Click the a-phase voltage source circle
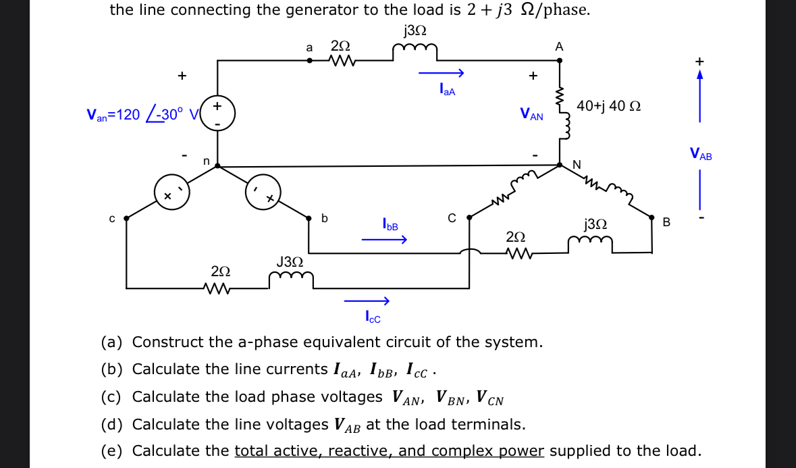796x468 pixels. pyautogui.click(x=217, y=115)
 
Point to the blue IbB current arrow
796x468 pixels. pyautogui.click(x=384, y=239)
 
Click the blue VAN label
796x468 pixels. pyautogui.click(x=531, y=115)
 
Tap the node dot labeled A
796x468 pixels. pyautogui.click(x=560, y=61)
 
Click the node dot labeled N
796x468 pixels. pyautogui.click(x=560, y=164)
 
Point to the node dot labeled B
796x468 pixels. pyautogui.click(x=652, y=217)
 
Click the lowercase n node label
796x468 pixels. pyautogui.click(x=207, y=161)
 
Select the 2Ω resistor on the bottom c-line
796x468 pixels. pyautogui.click(x=221, y=288)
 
